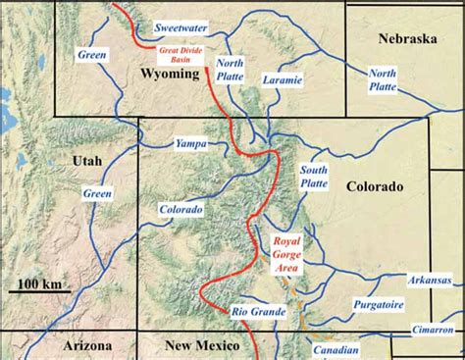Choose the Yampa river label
tap(190, 144)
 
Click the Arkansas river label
tap(431, 279)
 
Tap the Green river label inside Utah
tap(97, 194)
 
